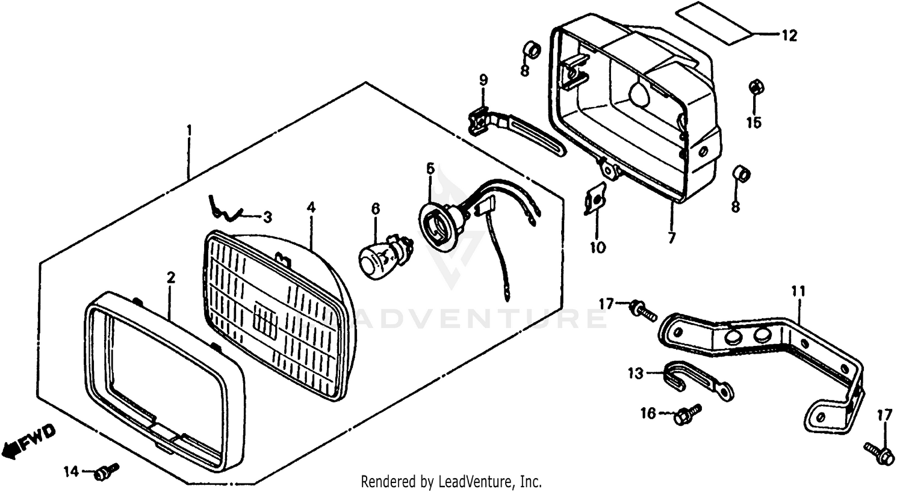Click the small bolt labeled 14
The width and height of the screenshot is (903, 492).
pos(107,472)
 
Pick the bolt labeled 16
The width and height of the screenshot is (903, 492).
pos(686,414)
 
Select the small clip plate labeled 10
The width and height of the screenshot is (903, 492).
pos(595,198)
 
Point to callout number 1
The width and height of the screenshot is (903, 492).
pos(189,129)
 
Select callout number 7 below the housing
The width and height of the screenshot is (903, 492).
pos(671,238)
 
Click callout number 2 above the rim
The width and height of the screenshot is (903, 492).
pos(171,277)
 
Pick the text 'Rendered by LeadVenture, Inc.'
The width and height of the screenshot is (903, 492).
pos(451,481)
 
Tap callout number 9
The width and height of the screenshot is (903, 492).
pos(483,80)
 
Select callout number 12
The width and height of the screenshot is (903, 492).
pos(789,35)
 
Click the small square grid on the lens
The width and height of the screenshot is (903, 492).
pos(265,319)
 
